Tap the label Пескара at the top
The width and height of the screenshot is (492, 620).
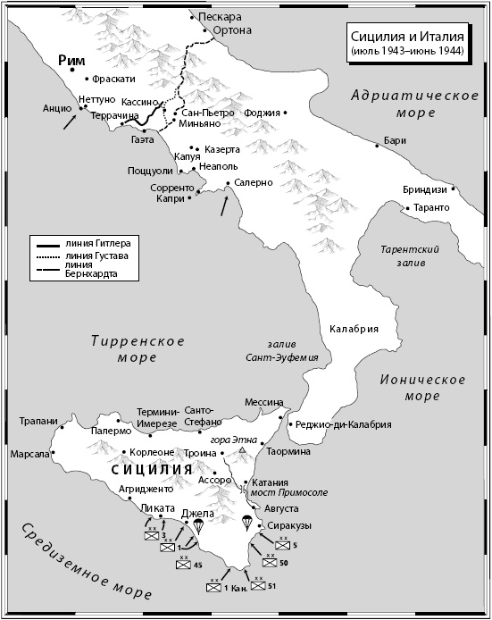[221, 17]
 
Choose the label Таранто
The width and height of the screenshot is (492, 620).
[431, 208]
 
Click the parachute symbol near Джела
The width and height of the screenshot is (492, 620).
[199, 528]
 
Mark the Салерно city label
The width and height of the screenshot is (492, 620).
[255, 182]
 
